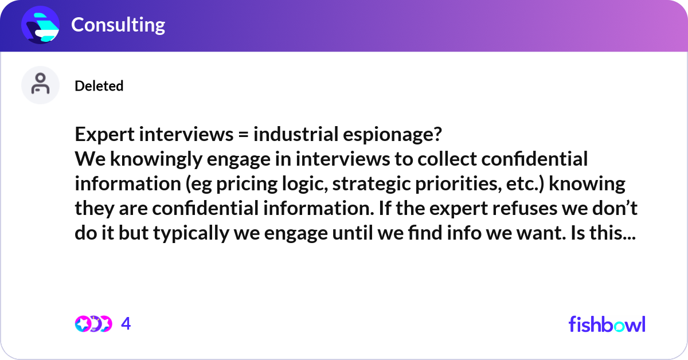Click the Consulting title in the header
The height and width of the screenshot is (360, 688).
click(118, 25)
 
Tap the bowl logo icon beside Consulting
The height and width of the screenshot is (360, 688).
click(40, 25)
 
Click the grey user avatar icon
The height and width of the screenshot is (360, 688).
click(40, 85)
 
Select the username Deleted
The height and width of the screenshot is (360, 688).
click(99, 86)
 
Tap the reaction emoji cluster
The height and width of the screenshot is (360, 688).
click(93, 324)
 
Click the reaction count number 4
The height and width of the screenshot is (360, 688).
click(126, 324)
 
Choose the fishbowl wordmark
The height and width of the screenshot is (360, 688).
click(607, 324)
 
